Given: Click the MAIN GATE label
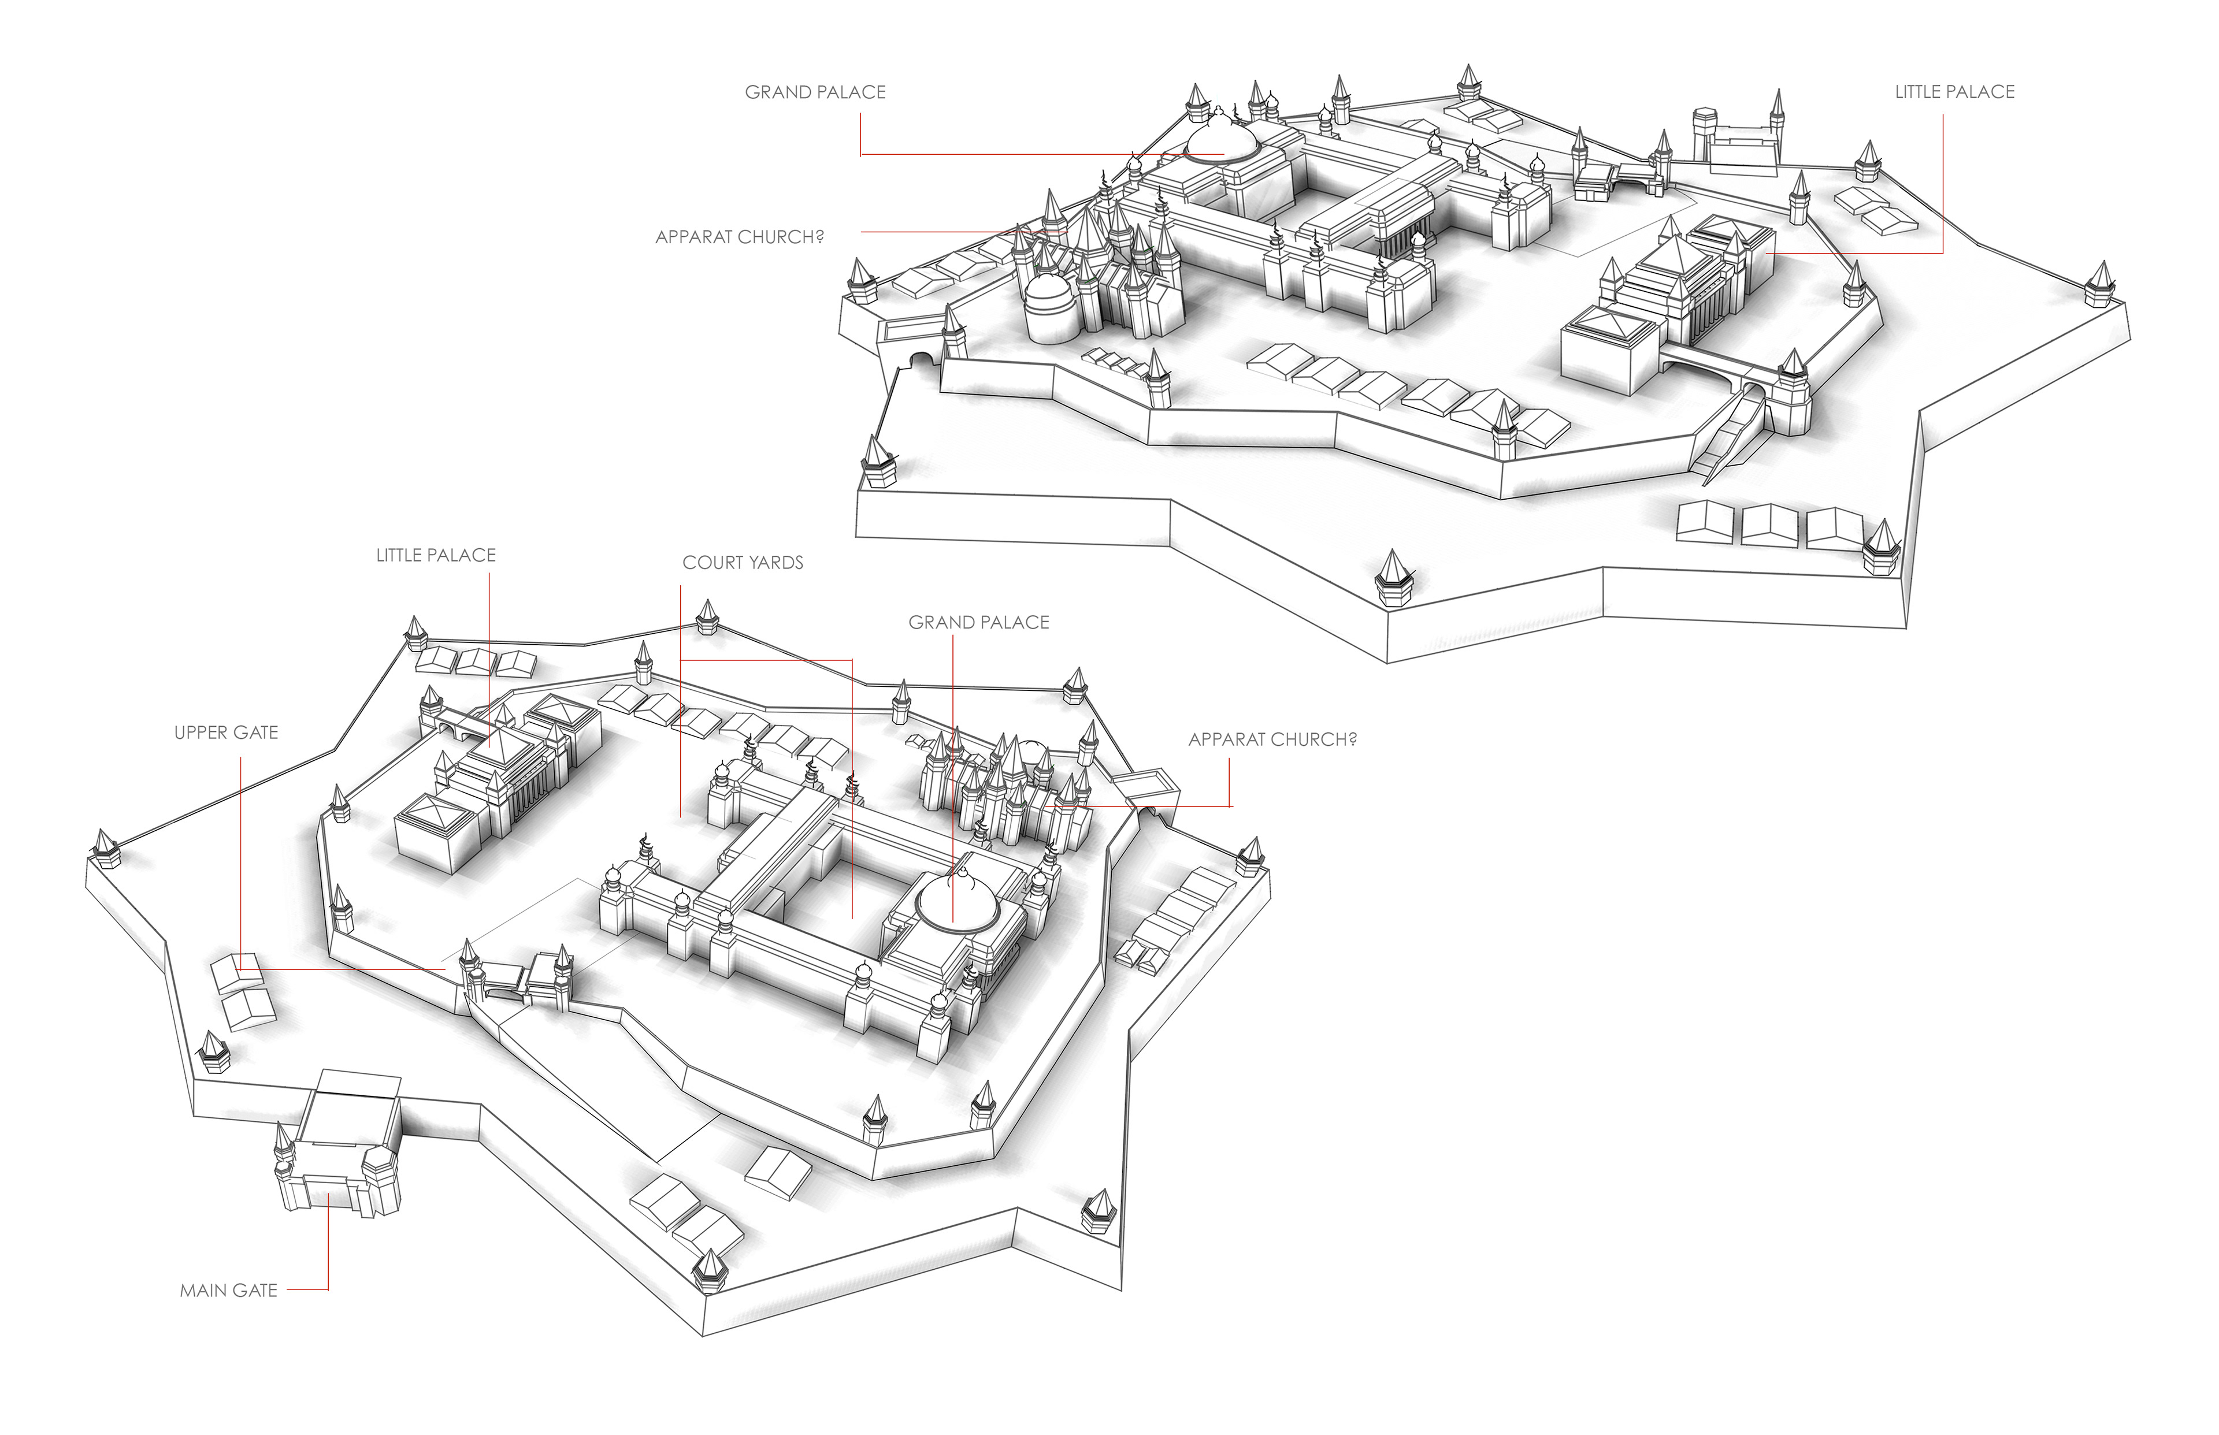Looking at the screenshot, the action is pyautogui.click(x=228, y=1291).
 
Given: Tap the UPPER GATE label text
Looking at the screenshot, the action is pyautogui.click(x=227, y=733).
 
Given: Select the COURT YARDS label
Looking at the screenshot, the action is pyautogui.click(x=743, y=563).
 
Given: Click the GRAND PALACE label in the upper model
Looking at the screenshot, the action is pyautogui.click(x=815, y=92).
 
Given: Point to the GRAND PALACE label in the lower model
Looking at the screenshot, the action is pyautogui.click(x=978, y=622).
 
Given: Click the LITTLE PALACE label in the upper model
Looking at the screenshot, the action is pyautogui.click(x=1954, y=92).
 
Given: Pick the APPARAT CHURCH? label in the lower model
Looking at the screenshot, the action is pyautogui.click(x=1272, y=740).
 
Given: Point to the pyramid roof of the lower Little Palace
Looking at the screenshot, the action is pyautogui.click(x=494, y=745).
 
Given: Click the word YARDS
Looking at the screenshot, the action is pyautogui.click(x=775, y=563).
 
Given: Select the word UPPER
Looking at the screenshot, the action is pyautogui.click(x=199, y=733).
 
